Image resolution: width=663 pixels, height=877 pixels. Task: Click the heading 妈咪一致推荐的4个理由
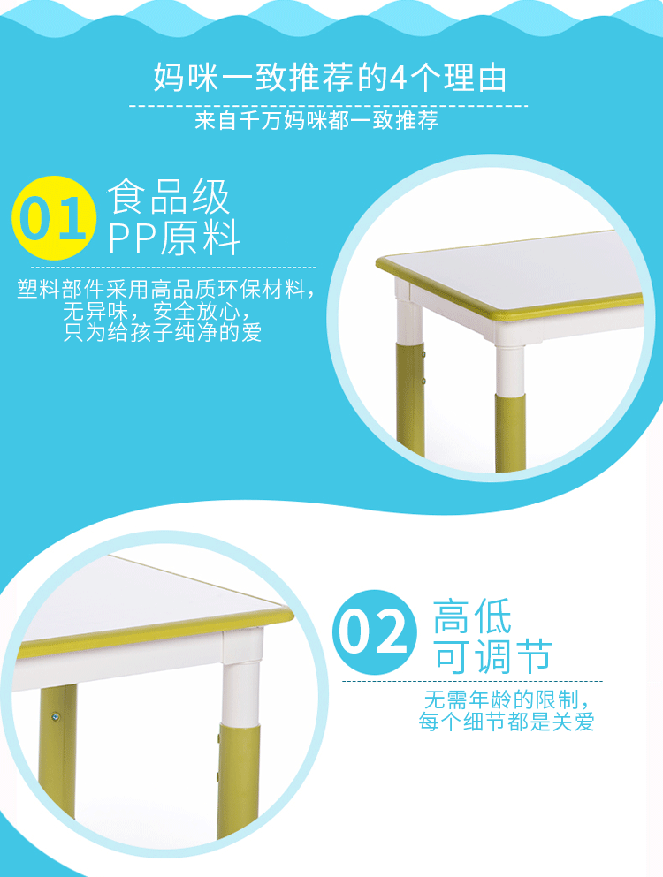point(331,78)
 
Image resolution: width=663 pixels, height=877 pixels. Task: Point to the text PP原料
point(174,238)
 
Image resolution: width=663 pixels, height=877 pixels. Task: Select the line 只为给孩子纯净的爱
point(164,333)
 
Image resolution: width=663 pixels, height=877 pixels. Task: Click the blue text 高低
point(472,616)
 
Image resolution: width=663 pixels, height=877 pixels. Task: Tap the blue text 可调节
point(492,656)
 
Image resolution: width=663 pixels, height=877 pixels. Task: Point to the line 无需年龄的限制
point(507,700)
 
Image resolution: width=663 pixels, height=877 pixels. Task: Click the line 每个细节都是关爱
point(507,722)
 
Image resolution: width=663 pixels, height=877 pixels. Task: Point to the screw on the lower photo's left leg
point(56,716)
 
